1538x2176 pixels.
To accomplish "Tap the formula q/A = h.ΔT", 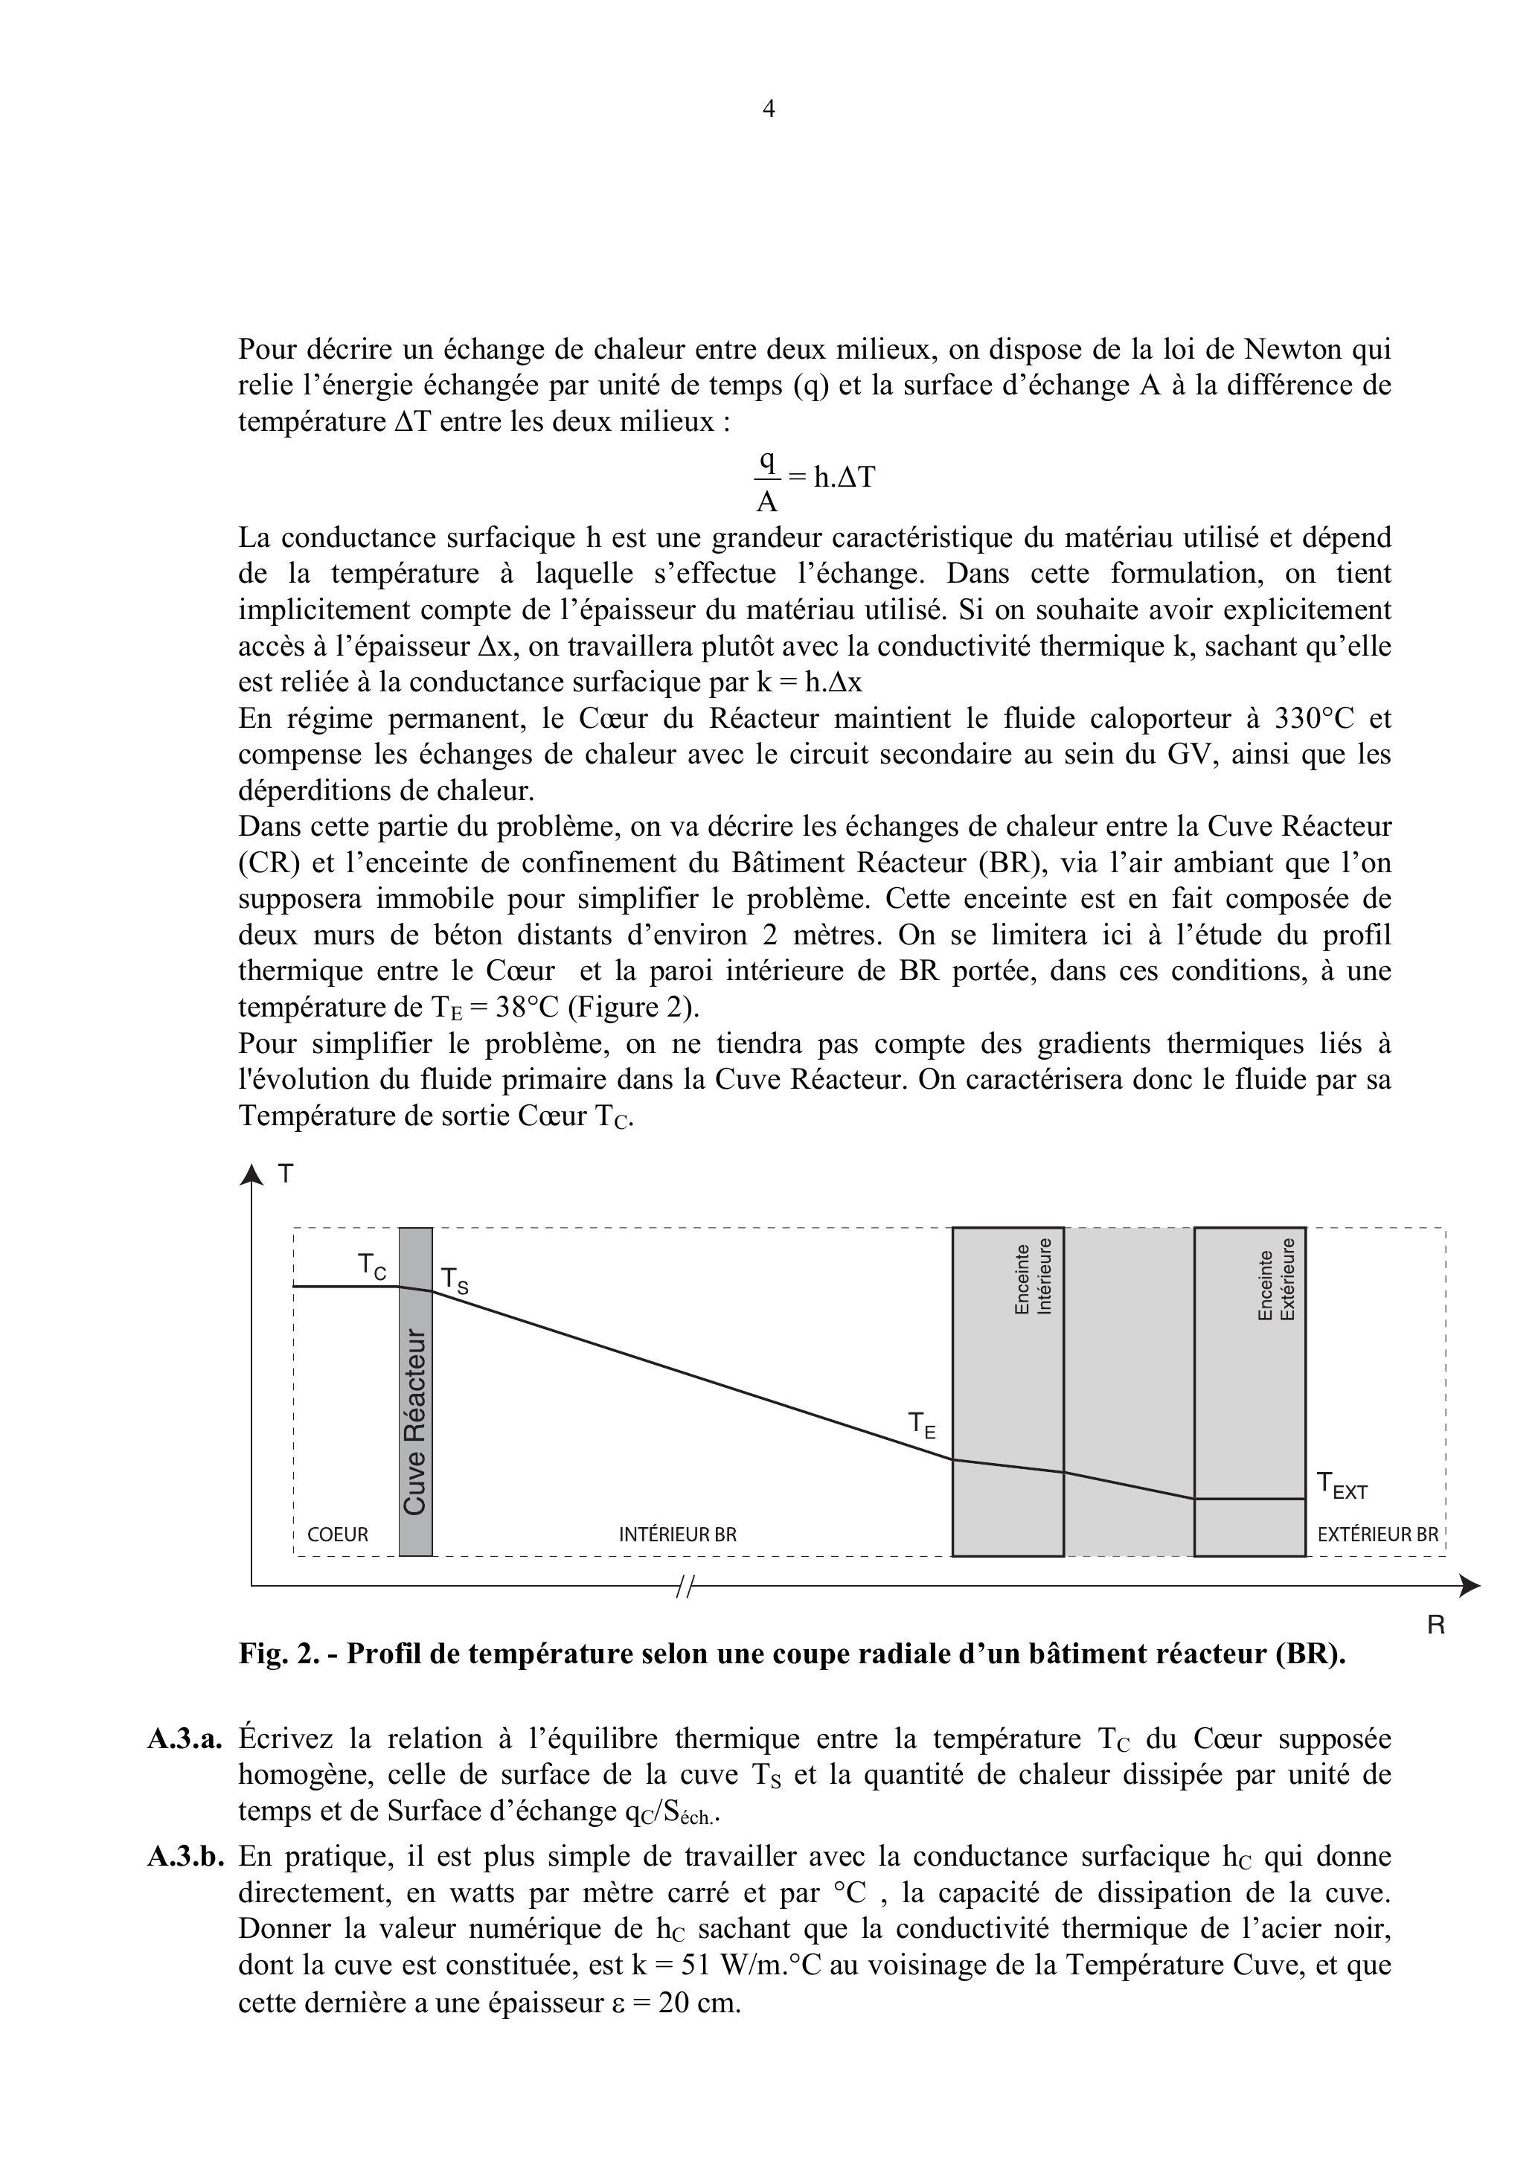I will coord(814,479).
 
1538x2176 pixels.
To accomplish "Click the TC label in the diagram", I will coord(371,1266).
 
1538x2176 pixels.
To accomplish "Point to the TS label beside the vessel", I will coord(454,1281).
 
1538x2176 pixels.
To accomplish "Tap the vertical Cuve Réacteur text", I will coord(415,1421).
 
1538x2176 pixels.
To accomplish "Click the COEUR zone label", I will coord(337,1535).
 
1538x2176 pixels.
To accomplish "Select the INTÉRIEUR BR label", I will coord(678,1535).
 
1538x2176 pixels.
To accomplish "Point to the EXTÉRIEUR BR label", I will coord(1378,1535).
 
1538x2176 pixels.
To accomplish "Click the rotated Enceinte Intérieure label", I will coord(1033,1276).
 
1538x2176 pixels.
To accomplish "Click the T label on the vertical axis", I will coord(285,1175).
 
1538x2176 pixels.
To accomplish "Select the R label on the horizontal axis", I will coord(1435,1625).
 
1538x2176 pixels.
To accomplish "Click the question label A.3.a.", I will coord(185,1739).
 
